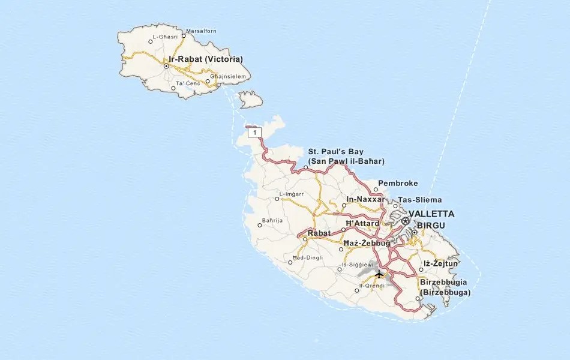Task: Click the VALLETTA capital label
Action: [x=431, y=214]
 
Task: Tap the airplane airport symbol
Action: [x=379, y=275]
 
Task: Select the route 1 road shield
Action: [x=256, y=132]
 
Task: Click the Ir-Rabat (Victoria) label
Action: [x=206, y=59]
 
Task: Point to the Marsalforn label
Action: [x=202, y=31]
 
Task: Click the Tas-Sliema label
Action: [x=420, y=200]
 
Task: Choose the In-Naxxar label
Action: [x=365, y=199]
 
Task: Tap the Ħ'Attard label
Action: [x=363, y=223]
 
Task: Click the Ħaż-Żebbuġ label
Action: [x=367, y=243]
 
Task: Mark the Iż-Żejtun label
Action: [x=441, y=263]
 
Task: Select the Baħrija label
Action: [x=272, y=221]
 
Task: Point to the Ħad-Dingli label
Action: [x=307, y=258]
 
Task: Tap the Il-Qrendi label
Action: [x=373, y=286]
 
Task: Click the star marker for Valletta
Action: [x=406, y=221]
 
